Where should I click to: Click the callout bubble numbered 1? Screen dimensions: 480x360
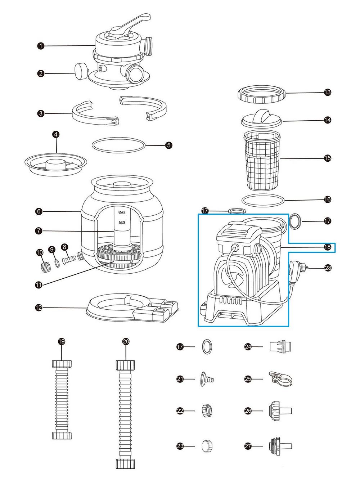(x=41, y=46)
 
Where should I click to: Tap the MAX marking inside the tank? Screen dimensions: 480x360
(x=122, y=212)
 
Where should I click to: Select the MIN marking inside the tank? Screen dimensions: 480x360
(x=122, y=222)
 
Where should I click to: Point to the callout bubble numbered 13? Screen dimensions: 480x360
(x=328, y=93)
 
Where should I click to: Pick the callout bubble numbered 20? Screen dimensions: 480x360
(x=126, y=341)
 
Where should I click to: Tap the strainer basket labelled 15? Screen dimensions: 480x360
(x=262, y=160)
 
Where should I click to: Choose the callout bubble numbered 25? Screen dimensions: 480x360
(x=248, y=379)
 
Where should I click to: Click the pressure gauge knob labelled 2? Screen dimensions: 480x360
(x=80, y=70)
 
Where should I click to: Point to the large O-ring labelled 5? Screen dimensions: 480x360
(x=119, y=145)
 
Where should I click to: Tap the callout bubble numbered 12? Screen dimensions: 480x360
(x=39, y=308)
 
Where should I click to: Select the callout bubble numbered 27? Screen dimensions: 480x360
(x=248, y=447)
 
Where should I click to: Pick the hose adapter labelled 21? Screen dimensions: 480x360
(x=206, y=379)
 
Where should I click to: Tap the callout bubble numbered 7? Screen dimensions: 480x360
(x=39, y=231)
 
